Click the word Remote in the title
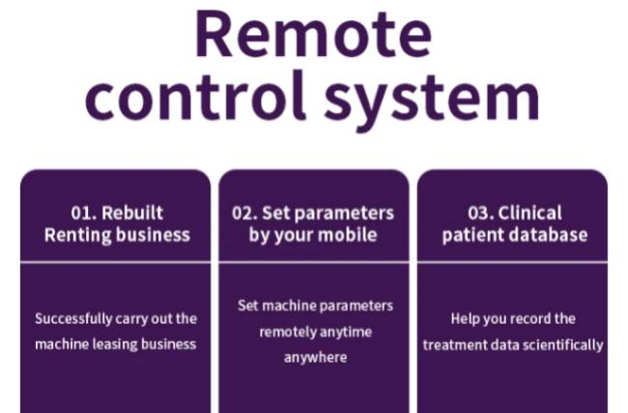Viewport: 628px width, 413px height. tap(314, 35)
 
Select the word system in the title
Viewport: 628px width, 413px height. tap(432, 101)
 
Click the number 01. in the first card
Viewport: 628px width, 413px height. tap(84, 213)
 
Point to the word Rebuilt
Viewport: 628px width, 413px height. tap(132, 213)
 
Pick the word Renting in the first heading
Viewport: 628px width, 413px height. tap(78, 235)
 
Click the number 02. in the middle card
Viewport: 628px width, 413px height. tap(244, 213)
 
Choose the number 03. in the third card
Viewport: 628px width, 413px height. tap(480, 213)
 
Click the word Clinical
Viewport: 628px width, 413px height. tap(529, 213)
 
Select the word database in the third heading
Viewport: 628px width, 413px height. tap(555, 235)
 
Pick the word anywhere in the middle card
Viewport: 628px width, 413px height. tap(316, 357)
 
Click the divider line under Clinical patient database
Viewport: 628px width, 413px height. tap(512, 263)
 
